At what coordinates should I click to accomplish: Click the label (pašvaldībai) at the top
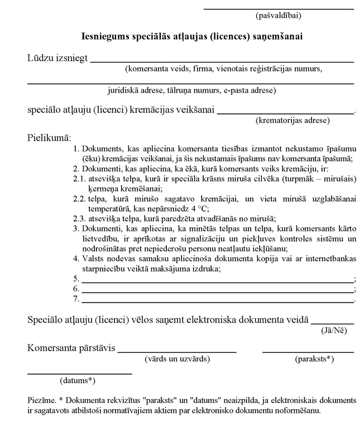coord(277,16)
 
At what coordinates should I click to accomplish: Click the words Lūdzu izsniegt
coord(57,59)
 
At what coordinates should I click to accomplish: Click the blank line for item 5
coord(218,280)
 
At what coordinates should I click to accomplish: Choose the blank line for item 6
coord(218,290)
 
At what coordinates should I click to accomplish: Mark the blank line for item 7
coord(218,300)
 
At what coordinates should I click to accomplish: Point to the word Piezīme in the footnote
coord(41,401)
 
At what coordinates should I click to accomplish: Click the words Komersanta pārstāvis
coord(71,348)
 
